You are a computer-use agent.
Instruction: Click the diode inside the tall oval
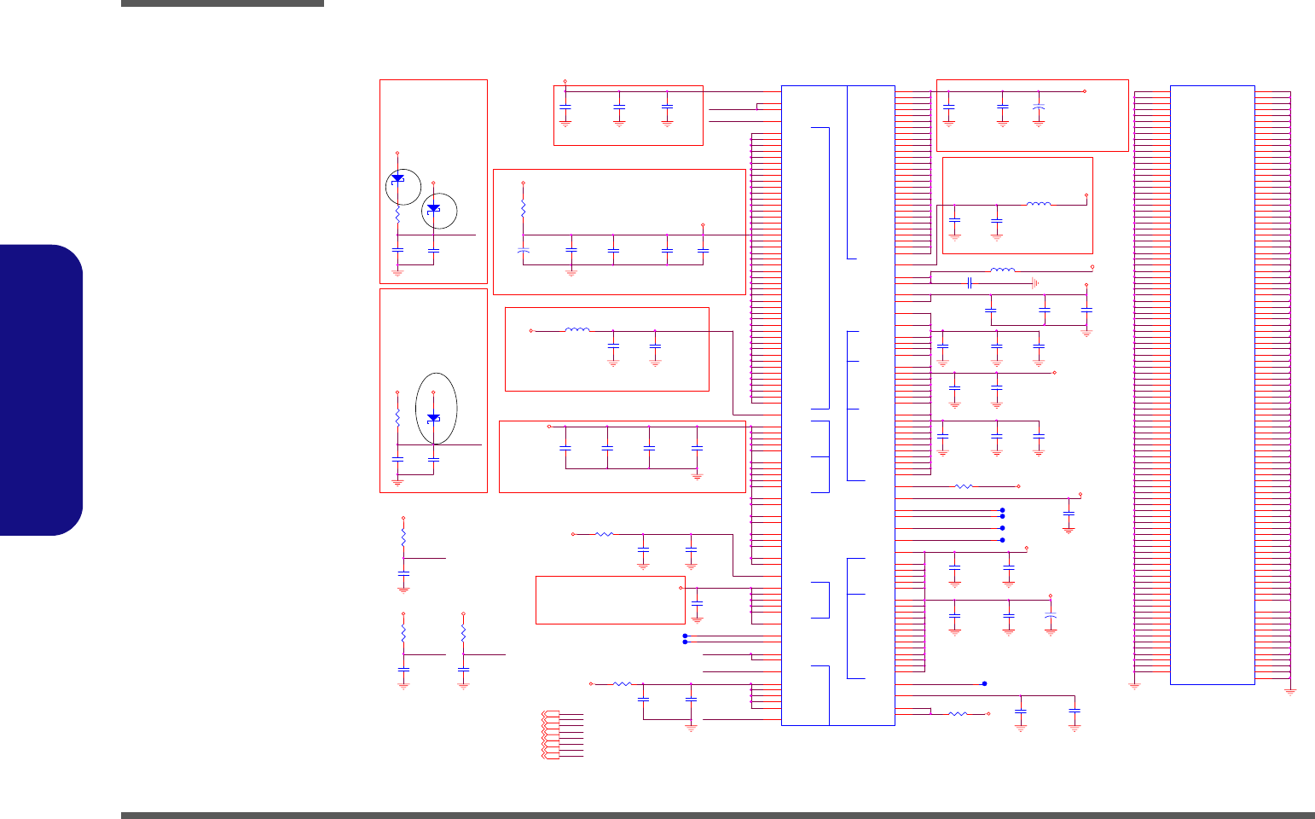433,417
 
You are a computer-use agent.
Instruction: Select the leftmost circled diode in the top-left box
397,178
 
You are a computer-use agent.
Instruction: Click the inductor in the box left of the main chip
577,330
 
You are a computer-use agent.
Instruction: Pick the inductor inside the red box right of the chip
1038,204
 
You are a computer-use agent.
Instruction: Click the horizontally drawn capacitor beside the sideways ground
970,282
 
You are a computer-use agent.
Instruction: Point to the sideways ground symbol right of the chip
1034,282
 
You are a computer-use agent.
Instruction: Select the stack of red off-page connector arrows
550,735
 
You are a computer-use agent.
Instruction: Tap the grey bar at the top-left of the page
222,3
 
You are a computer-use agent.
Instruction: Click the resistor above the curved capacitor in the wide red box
524,208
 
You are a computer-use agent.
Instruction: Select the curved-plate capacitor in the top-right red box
1038,107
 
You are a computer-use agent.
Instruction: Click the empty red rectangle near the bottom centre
610,600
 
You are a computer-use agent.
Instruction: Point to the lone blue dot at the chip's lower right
984,683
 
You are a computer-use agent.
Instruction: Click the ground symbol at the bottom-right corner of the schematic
1290,690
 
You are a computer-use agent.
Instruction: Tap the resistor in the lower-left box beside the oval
397,419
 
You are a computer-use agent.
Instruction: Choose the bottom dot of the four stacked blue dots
1002,540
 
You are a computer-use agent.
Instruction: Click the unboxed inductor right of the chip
1002,270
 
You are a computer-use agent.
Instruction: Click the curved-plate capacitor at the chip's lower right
1050,615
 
